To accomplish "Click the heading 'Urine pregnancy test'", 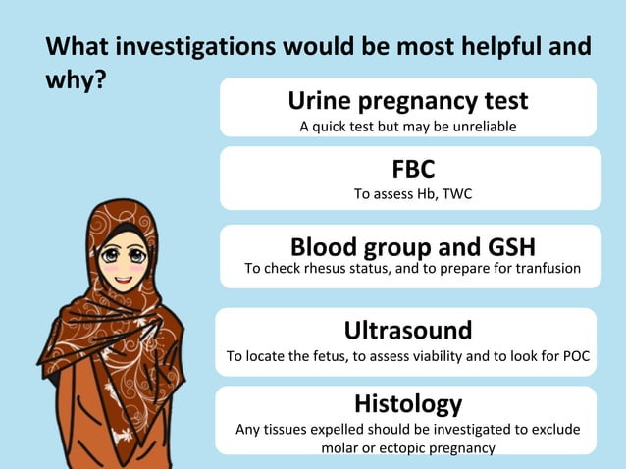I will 407,100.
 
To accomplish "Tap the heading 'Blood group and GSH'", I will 412,245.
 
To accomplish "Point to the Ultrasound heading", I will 407,329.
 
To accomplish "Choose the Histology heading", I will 407,403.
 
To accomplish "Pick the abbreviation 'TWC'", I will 457,194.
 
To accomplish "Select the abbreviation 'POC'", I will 576,356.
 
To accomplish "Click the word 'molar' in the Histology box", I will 339,447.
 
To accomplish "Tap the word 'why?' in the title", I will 76,81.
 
